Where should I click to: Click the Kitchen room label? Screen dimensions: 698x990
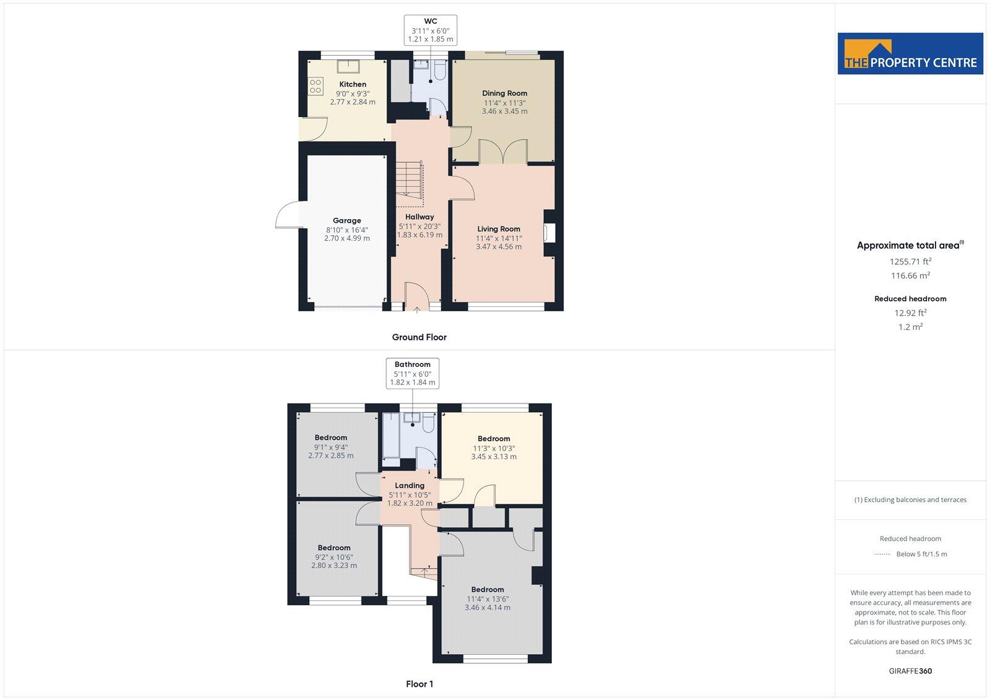pyautogui.click(x=353, y=84)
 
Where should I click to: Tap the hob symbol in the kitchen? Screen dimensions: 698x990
pyautogui.click(x=316, y=86)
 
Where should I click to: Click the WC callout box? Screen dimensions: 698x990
pyautogui.click(x=431, y=30)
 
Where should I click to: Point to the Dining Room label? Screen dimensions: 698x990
pyautogui.click(x=505, y=93)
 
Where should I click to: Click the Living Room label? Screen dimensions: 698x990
pyautogui.click(x=499, y=229)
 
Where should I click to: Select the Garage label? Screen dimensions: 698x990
pyautogui.click(x=347, y=220)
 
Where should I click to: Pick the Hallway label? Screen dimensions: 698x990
pyautogui.click(x=420, y=217)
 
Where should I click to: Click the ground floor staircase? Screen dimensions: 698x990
pyautogui.click(x=409, y=184)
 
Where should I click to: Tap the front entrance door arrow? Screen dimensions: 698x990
pyautogui.click(x=417, y=309)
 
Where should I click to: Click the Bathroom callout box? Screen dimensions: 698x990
pyautogui.click(x=413, y=373)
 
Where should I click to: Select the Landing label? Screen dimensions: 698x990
pyautogui.click(x=410, y=486)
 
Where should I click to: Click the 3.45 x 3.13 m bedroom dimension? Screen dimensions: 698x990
pyautogui.click(x=494, y=457)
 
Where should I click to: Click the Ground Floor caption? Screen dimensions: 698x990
pyautogui.click(x=419, y=337)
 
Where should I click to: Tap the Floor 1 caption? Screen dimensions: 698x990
pyautogui.click(x=420, y=684)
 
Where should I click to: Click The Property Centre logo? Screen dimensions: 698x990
pyautogui.click(x=910, y=54)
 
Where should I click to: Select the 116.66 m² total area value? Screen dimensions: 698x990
pyautogui.click(x=910, y=275)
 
